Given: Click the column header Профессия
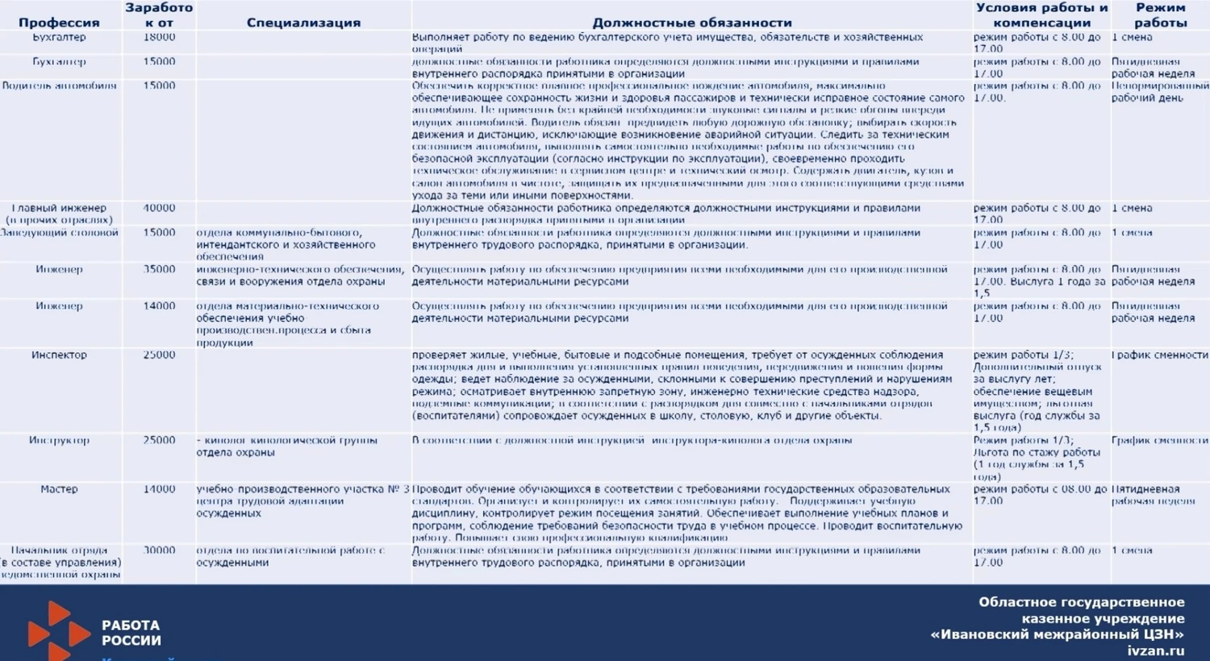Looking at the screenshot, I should pyautogui.click(x=59, y=23).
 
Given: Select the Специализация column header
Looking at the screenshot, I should pyautogui.click(x=303, y=23).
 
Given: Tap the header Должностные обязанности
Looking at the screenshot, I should pyautogui.click(x=692, y=23).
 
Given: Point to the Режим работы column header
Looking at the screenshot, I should pyautogui.click(x=1160, y=15).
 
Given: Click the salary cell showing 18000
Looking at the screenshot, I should pyautogui.click(x=159, y=37).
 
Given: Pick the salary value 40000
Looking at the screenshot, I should pyautogui.click(x=159, y=208).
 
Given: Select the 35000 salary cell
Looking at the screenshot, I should pyautogui.click(x=159, y=269).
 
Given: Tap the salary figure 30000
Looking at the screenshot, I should pyautogui.click(x=159, y=551).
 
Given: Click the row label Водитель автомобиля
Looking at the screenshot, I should pyautogui.click(x=59, y=85).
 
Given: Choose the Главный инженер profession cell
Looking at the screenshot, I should pyautogui.click(x=59, y=214).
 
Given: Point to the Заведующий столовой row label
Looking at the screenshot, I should pyautogui.click(x=59, y=233).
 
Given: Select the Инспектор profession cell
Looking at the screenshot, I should pyautogui.click(x=59, y=355).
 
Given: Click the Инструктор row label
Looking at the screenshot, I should pyautogui.click(x=59, y=440).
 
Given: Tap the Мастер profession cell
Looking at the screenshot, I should pyautogui.click(x=59, y=489).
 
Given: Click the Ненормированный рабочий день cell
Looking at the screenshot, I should pyautogui.click(x=1160, y=92).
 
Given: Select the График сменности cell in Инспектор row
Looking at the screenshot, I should pyautogui.click(x=1160, y=355).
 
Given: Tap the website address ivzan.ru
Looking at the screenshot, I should pyautogui.click(x=1156, y=651).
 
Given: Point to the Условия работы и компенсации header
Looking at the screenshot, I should pyautogui.click(x=1041, y=15).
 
